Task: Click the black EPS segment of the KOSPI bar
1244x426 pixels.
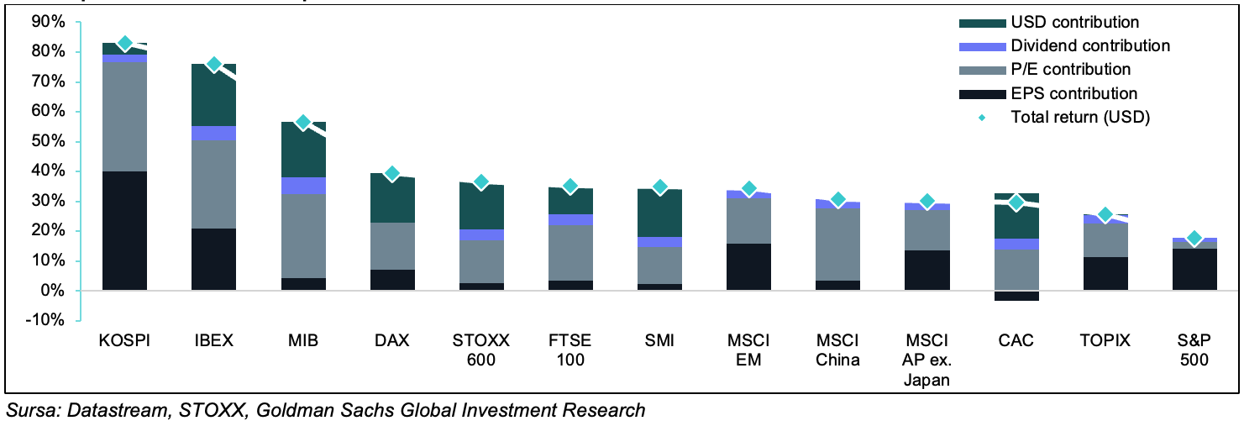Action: [125, 231]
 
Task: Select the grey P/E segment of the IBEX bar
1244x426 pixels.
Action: [214, 185]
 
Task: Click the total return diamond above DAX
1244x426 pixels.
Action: [391, 174]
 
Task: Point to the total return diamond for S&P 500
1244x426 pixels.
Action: [1194, 239]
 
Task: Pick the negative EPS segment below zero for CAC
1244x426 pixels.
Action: [1016, 296]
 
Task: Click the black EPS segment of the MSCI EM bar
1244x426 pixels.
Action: [748, 267]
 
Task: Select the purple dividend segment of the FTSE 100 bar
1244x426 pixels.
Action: [570, 219]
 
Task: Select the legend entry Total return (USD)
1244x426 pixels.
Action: [1079, 118]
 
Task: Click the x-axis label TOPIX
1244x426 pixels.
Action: [1105, 340]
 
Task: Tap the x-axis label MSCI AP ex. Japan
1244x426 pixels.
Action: [926, 360]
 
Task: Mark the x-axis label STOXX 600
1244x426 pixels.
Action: [481, 350]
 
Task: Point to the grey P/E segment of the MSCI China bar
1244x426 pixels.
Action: [837, 244]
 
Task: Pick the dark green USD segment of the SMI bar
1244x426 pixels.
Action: [659, 214]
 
